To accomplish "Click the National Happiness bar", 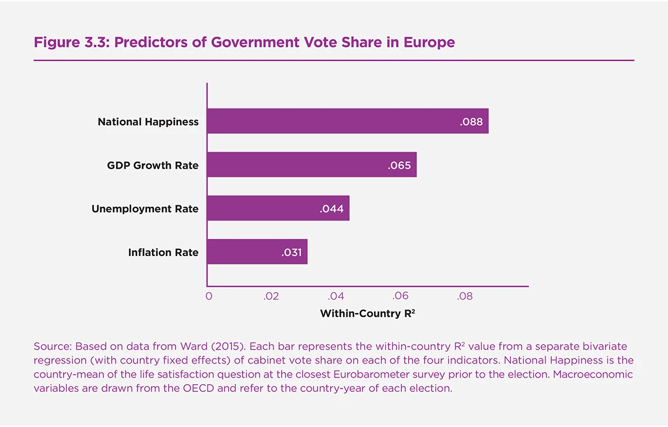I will click(x=334, y=121).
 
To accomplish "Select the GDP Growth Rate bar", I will click(x=301, y=165).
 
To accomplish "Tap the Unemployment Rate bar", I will click(x=267, y=209).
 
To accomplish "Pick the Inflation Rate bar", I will click(x=245, y=252).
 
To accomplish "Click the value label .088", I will click(x=471, y=122).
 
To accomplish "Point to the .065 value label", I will click(x=399, y=165).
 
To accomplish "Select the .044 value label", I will click(x=332, y=209).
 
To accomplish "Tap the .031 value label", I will click(x=291, y=253).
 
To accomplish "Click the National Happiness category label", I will click(x=148, y=122).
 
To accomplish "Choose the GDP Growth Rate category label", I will click(x=153, y=165).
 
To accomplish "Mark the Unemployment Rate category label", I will click(x=145, y=209).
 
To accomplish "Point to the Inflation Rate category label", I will click(x=163, y=253).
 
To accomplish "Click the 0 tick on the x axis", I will click(x=209, y=297).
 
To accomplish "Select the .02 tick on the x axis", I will click(x=271, y=297).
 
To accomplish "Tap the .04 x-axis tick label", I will click(x=336, y=297).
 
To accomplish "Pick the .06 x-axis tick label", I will click(x=400, y=297).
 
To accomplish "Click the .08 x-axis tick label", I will click(x=465, y=297).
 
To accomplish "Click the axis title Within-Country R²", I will click(x=367, y=313).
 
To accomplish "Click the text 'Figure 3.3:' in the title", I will click(x=71, y=42).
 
